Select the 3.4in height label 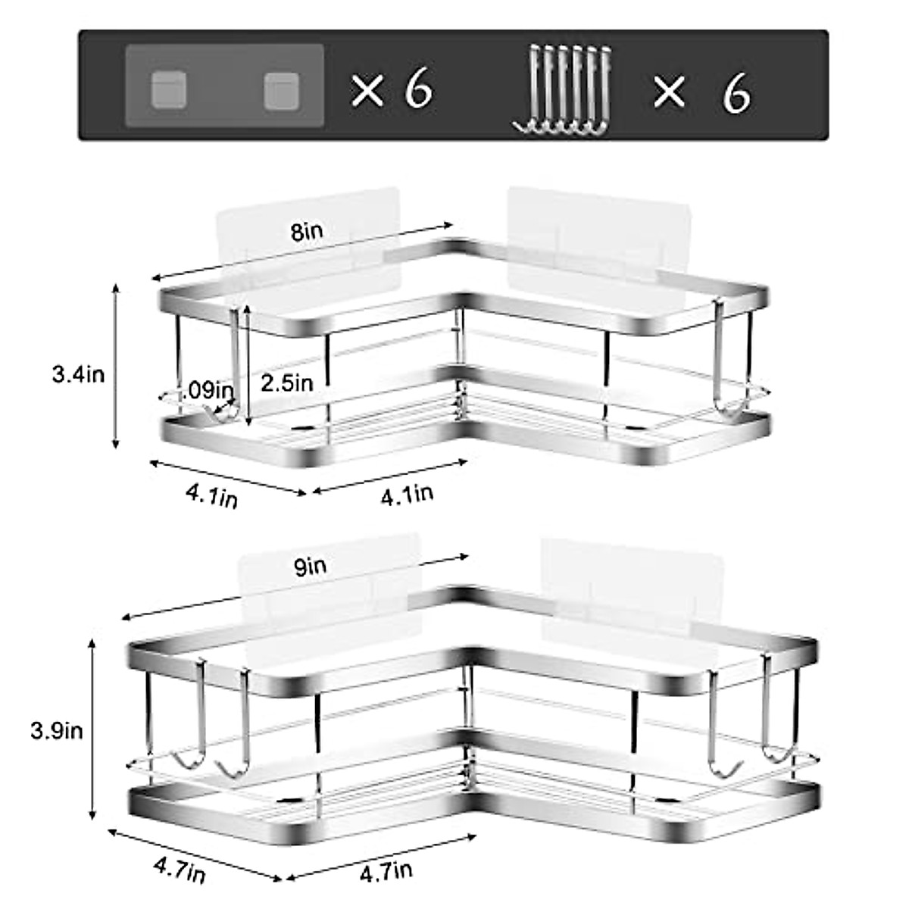[x=78, y=373]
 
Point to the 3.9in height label [x=57, y=730]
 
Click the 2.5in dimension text [x=286, y=383]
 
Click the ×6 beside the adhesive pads [x=392, y=90]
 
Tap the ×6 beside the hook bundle [x=701, y=92]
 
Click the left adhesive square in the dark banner [x=168, y=89]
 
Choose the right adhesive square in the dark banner [x=282, y=90]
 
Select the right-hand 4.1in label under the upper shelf [x=407, y=495]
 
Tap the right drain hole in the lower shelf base [x=667, y=798]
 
